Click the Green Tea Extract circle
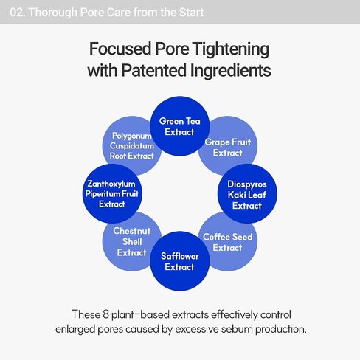pyautogui.click(x=180, y=126)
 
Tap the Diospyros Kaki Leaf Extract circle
pyautogui.click(x=247, y=194)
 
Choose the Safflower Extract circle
pyautogui.click(x=180, y=261)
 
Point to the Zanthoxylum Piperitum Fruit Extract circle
pyautogui.click(x=112, y=194)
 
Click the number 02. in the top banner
pyautogui.click(x=18, y=13)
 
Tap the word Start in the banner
pyautogui.click(x=191, y=13)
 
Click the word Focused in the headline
pyautogui.click(x=120, y=49)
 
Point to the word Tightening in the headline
pyautogui.click(x=231, y=49)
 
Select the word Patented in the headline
pyautogui.click(x=153, y=70)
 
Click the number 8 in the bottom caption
pyautogui.click(x=105, y=314)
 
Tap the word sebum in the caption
pyautogui.click(x=237, y=329)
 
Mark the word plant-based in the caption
pyautogui.click(x=140, y=315)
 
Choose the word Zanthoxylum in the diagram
pyautogui.click(x=111, y=184)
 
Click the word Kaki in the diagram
pyautogui.click(x=237, y=195)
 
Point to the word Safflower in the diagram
pyautogui.click(x=180, y=256)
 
